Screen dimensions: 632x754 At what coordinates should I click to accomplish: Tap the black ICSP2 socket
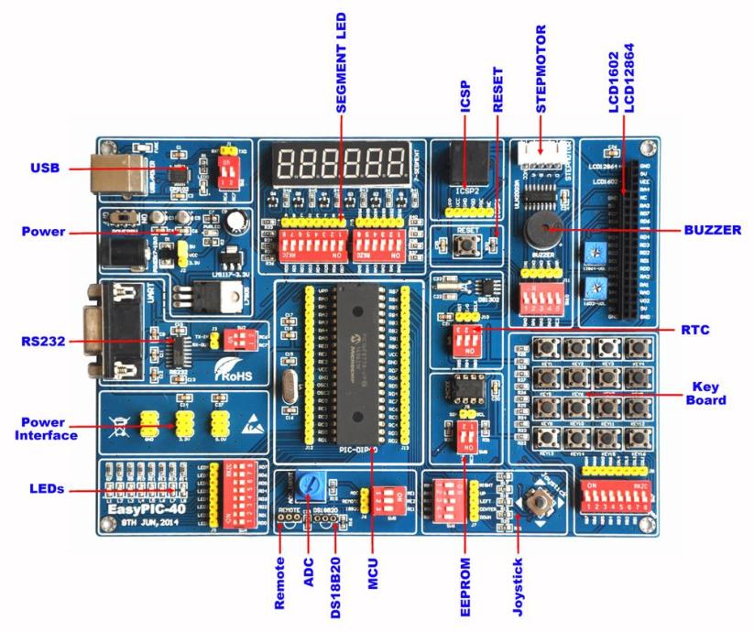click(465, 166)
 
